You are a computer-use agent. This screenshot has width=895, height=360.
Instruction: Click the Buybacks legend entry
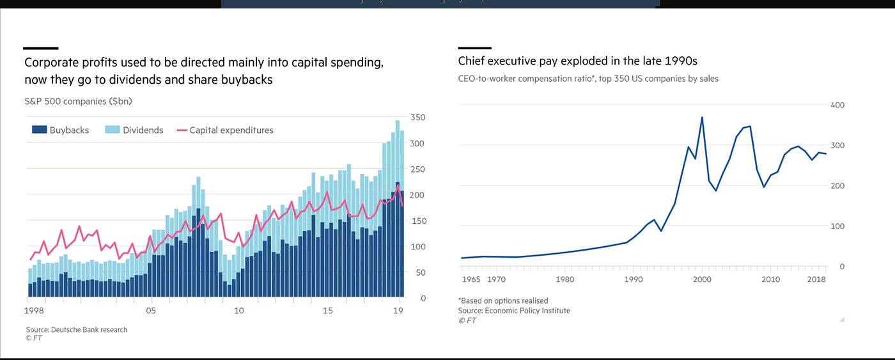[x=60, y=130]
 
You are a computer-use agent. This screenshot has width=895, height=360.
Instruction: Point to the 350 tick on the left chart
[x=418, y=118]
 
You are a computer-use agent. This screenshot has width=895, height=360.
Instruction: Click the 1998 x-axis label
[x=34, y=311]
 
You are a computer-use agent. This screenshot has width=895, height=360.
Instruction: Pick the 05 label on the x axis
[x=151, y=311]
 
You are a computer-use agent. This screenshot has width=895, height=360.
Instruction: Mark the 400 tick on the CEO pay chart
[x=837, y=105]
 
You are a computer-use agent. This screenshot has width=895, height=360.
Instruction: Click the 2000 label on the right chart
[x=702, y=279]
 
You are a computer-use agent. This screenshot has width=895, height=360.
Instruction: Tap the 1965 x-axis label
[x=471, y=279]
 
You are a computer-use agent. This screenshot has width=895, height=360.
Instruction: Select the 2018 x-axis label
[x=816, y=279]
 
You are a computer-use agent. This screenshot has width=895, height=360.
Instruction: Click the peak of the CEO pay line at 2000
[x=702, y=118]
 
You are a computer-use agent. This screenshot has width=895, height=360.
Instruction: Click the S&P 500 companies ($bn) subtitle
[x=78, y=101]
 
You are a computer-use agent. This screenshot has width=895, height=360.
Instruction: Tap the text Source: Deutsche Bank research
[x=76, y=330]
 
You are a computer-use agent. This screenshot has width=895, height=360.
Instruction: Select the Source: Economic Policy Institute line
[x=514, y=311]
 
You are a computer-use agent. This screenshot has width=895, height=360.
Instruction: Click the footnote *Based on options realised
[x=502, y=301]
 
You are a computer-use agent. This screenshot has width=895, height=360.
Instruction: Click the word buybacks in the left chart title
[x=250, y=80]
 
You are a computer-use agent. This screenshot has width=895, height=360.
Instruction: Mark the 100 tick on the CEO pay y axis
[x=837, y=226]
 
